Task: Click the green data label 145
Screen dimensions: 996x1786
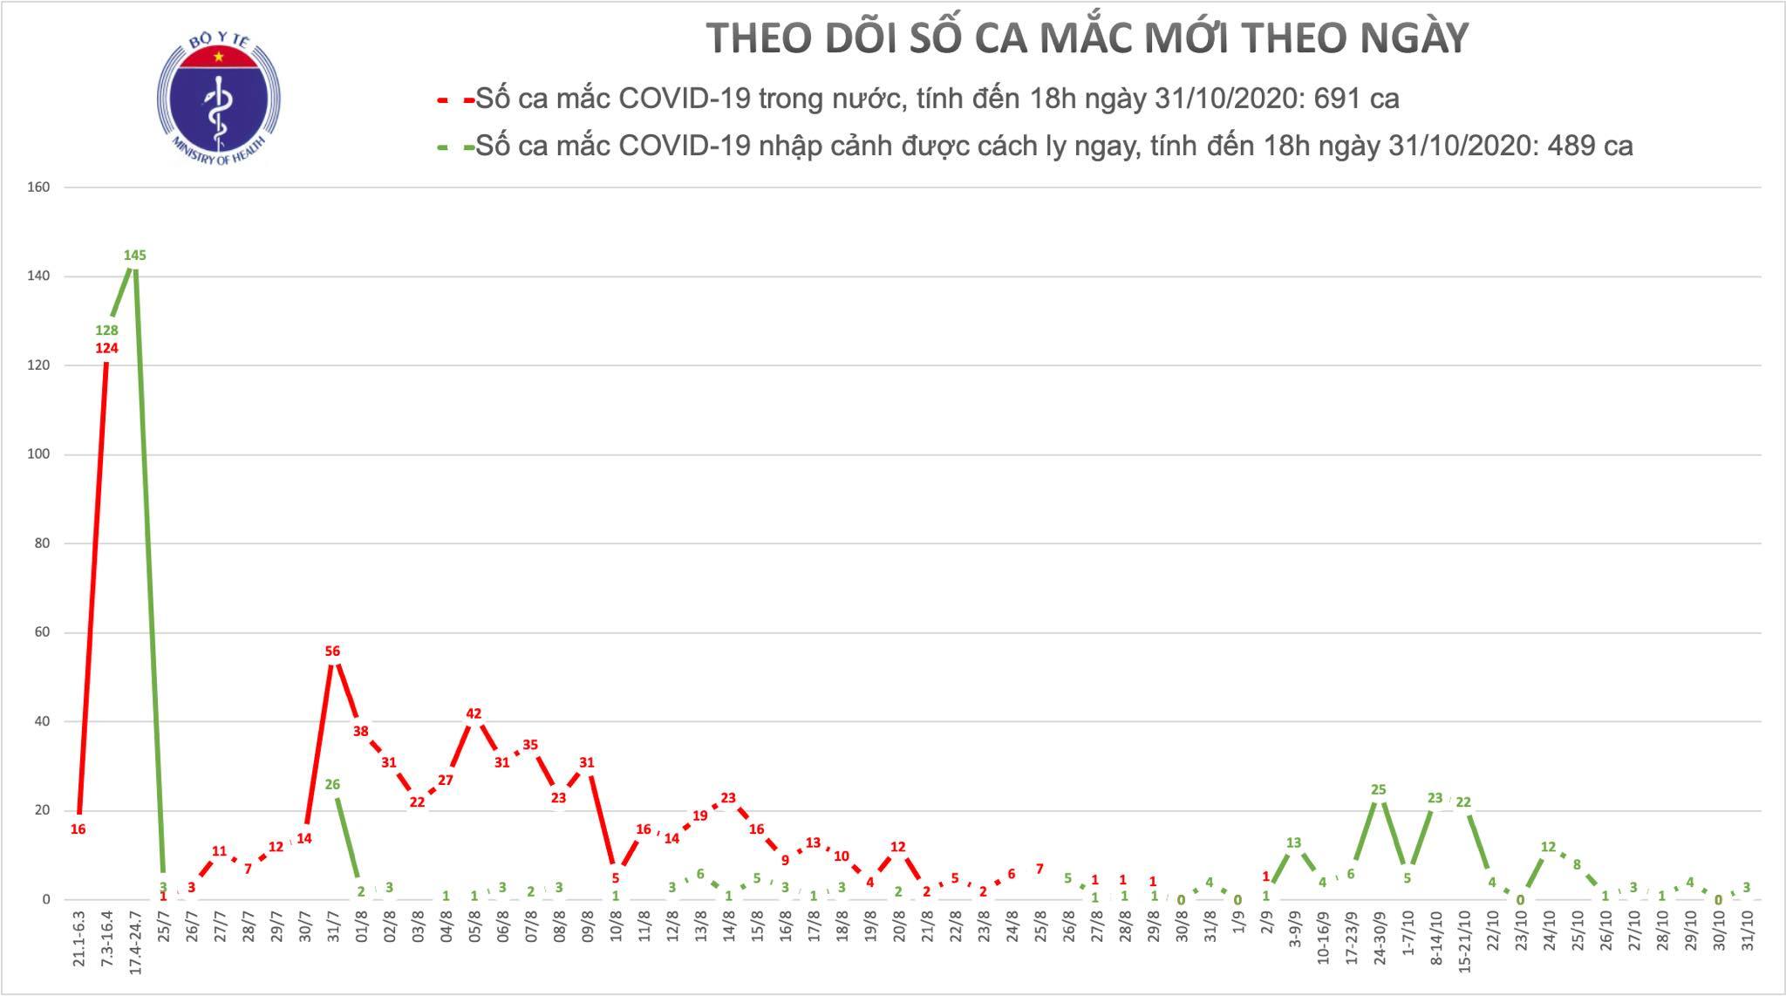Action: click(x=134, y=256)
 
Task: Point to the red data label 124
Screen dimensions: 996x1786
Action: click(x=106, y=349)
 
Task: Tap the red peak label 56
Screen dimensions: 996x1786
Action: click(x=332, y=651)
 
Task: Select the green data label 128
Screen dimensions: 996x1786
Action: click(x=106, y=331)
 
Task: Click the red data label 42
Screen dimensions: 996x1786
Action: click(x=474, y=713)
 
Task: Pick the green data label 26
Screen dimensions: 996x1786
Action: click(x=332, y=784)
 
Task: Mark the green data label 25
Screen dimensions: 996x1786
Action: click(x=1378, y=790)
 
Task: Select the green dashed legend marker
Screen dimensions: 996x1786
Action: click(x=455, y=147)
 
